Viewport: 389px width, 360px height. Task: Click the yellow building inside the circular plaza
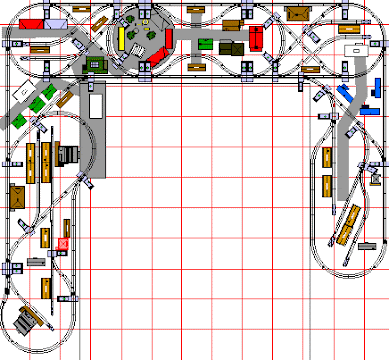tap(121, 38)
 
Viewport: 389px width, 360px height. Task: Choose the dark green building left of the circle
tap(96, 64)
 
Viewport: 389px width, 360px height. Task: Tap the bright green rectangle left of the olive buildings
tap(205, 44)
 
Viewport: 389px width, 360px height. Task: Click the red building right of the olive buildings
tap(255, 40)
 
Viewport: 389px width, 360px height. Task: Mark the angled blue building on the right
tap(346, 93)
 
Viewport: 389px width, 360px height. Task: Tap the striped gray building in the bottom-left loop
tap(28, 318)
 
